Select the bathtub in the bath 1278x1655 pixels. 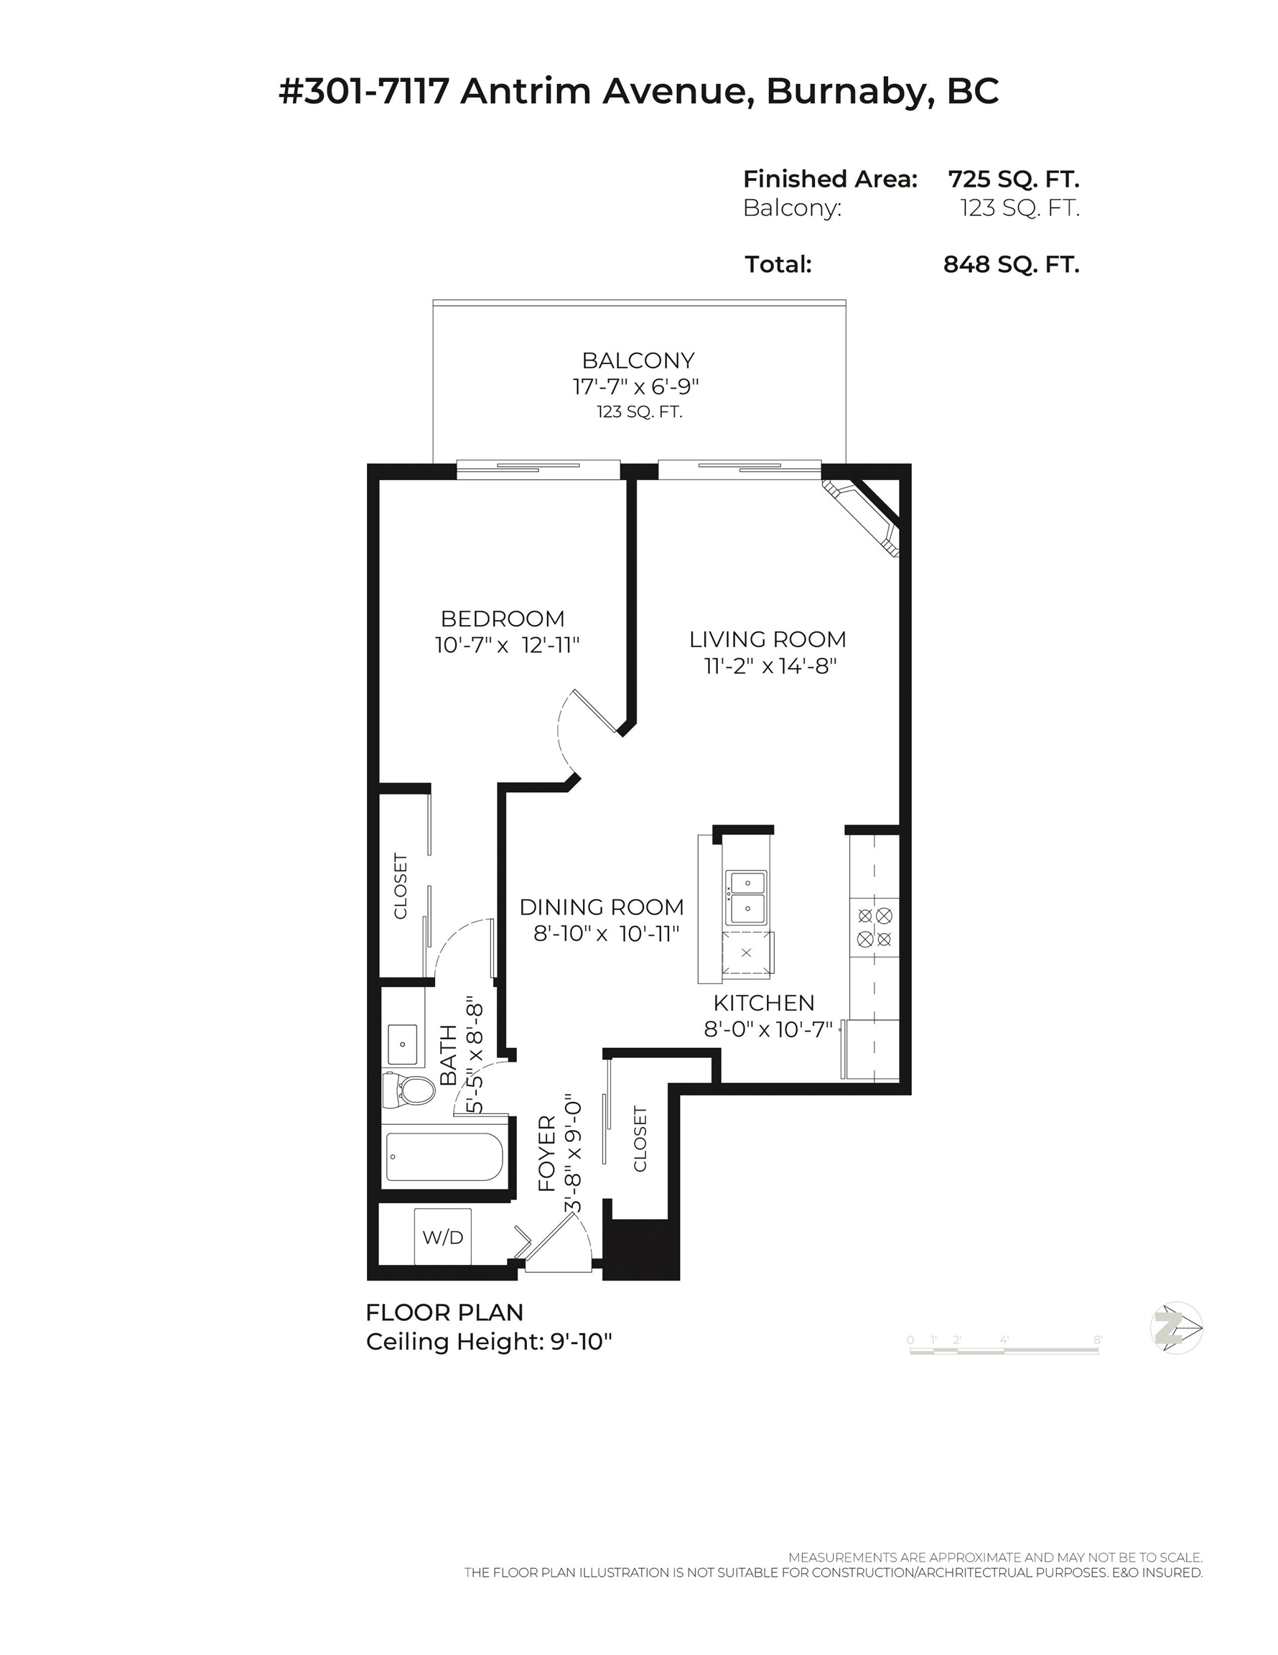coord(444,1156)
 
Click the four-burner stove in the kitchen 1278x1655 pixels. coord(874,927)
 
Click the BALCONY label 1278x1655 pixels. coord(638,360)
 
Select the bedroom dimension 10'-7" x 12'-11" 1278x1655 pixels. coord(507,645)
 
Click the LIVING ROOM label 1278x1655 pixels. coord(768,639)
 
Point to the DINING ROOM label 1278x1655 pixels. coord(602,907)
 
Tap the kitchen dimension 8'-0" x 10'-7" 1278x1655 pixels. coord(768,1029)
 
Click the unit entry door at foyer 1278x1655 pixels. coord(559,1243)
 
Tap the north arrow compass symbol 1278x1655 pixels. coord(1175,1327)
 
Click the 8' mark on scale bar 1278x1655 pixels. coord(1097,1340)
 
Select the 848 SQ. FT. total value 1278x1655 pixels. coord(1011,264)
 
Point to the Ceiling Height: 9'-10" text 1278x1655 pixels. coord(489,1341)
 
